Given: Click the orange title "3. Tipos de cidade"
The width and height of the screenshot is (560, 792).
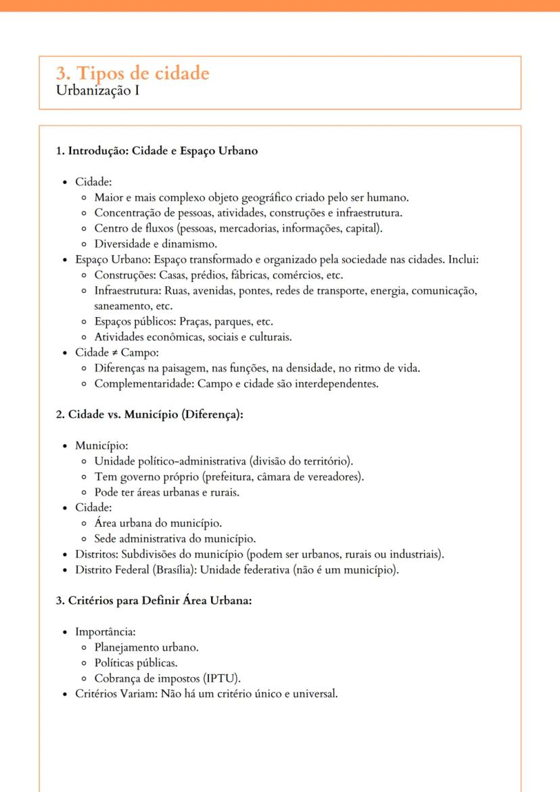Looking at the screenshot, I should pyautogui.click(x=133, y=73).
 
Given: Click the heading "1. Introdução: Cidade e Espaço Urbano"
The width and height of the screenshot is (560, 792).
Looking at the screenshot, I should pyautogui.click(x=156, y=151).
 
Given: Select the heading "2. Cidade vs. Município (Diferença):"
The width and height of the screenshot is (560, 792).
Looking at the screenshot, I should pyautogui.click(x=149, y=415).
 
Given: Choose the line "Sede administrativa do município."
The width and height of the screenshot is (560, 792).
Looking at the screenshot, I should pyautogui.click(x=175, y=539).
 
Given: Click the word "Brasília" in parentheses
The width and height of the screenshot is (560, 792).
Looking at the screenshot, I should pyautogui.click(x=171, y=569).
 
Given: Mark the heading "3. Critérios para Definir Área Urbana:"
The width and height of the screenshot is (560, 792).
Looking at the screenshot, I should pyautogui.click(x=154, y=601).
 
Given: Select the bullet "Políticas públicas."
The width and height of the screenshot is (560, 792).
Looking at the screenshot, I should pyautogui.click(x=136, y=663).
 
